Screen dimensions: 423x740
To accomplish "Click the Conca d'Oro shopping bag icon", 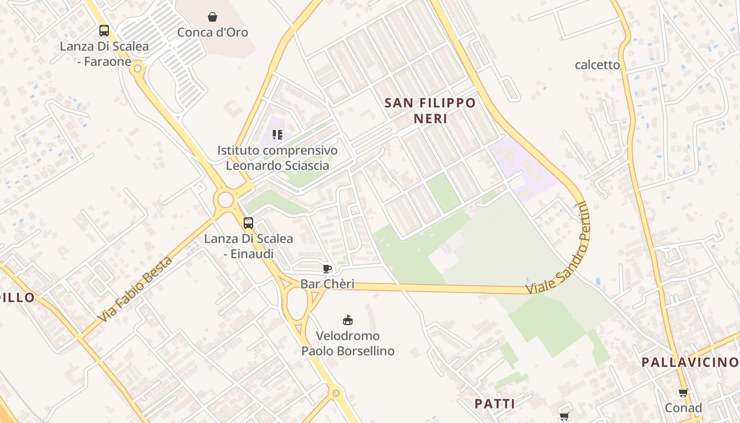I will [212, 17].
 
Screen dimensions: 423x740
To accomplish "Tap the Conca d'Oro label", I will [212, 32].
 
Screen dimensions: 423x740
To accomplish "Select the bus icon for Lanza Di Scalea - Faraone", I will [104, 31].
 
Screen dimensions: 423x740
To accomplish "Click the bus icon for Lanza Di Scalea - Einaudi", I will [248, 223].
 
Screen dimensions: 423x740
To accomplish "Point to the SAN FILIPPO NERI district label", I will [430, 111].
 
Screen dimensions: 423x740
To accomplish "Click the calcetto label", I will [597, 65].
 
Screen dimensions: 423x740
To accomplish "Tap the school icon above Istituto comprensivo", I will [277, 135].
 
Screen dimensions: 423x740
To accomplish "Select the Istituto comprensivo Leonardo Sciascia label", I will [277, 158].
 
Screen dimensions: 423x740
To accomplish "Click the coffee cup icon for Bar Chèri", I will [327, 269].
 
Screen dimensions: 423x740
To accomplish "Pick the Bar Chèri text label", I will [327, 284].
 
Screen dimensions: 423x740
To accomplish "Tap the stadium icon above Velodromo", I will [348, 320].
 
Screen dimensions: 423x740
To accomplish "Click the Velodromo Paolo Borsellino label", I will [348, 343].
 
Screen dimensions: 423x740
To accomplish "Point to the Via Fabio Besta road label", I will [136, 290].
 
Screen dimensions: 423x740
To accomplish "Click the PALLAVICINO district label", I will [690, 362].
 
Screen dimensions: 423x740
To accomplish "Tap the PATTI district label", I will [495, 404].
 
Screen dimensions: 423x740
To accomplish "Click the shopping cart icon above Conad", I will [683, 393].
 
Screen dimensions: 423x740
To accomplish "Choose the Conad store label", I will [683, 408].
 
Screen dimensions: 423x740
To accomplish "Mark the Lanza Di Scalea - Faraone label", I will [104, 54].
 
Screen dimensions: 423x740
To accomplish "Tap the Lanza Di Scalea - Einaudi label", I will [248, 246].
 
